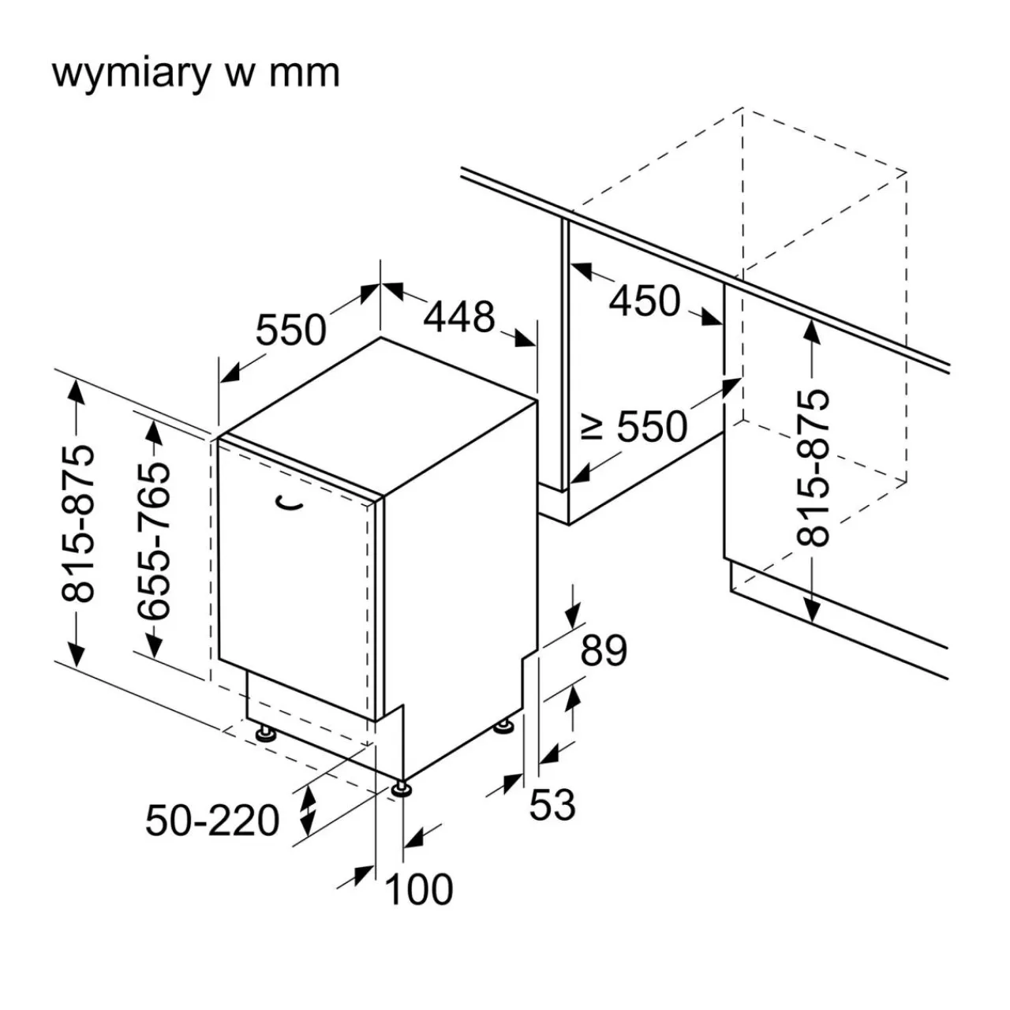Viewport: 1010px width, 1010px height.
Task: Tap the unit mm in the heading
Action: click(305, 73)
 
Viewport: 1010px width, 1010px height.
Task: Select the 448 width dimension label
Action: click(459, 317)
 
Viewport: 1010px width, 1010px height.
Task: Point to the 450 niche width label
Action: click(645, 301)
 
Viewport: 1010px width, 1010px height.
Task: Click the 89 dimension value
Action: click(604, 651)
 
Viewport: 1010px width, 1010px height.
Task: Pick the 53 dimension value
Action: click(552, 805)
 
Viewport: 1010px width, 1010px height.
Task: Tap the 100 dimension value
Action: click(419, 889)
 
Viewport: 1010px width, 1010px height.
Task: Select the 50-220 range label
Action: click(212, 821)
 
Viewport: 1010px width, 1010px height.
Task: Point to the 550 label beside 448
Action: click(290, 329)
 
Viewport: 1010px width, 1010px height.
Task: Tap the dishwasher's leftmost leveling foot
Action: click(264, 734)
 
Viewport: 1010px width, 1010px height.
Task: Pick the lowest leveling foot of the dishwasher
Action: click(402, 788)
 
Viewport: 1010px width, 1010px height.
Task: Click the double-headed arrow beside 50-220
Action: click(308, 810)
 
